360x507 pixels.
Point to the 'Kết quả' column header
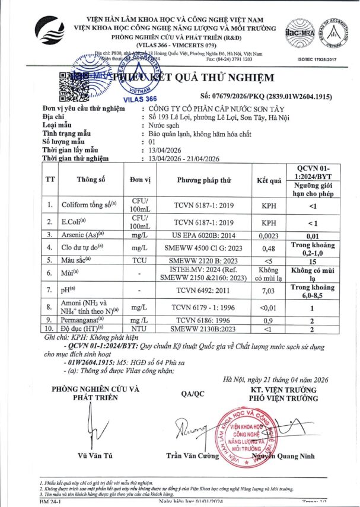(x=268, y=180)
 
